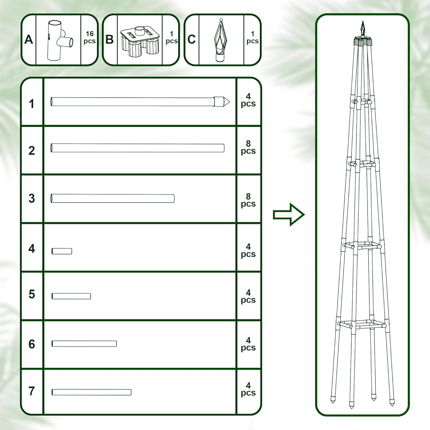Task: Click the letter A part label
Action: coord(28,40)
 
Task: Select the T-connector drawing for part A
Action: coord(58,40)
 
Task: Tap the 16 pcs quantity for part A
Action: coord(89,38)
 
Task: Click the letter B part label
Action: coord(110,40)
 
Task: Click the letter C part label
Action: coord(191,40)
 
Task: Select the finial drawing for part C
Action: coord(221,40)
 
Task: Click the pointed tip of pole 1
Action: coord(226,101)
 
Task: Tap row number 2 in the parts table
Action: coord(32,150)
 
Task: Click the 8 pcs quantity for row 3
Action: coord(248,200)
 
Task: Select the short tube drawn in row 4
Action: coord(62,251)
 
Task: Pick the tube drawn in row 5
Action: coord(71,296)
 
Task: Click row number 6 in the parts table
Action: coord(32,344)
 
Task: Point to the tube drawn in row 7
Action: coord(91,392)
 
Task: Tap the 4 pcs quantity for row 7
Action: coord(248,389)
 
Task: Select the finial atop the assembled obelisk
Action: coord(363,29)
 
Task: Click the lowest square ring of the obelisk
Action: coord(363,324)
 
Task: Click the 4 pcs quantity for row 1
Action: coord(248,100)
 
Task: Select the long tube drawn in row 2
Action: coord(137,148)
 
